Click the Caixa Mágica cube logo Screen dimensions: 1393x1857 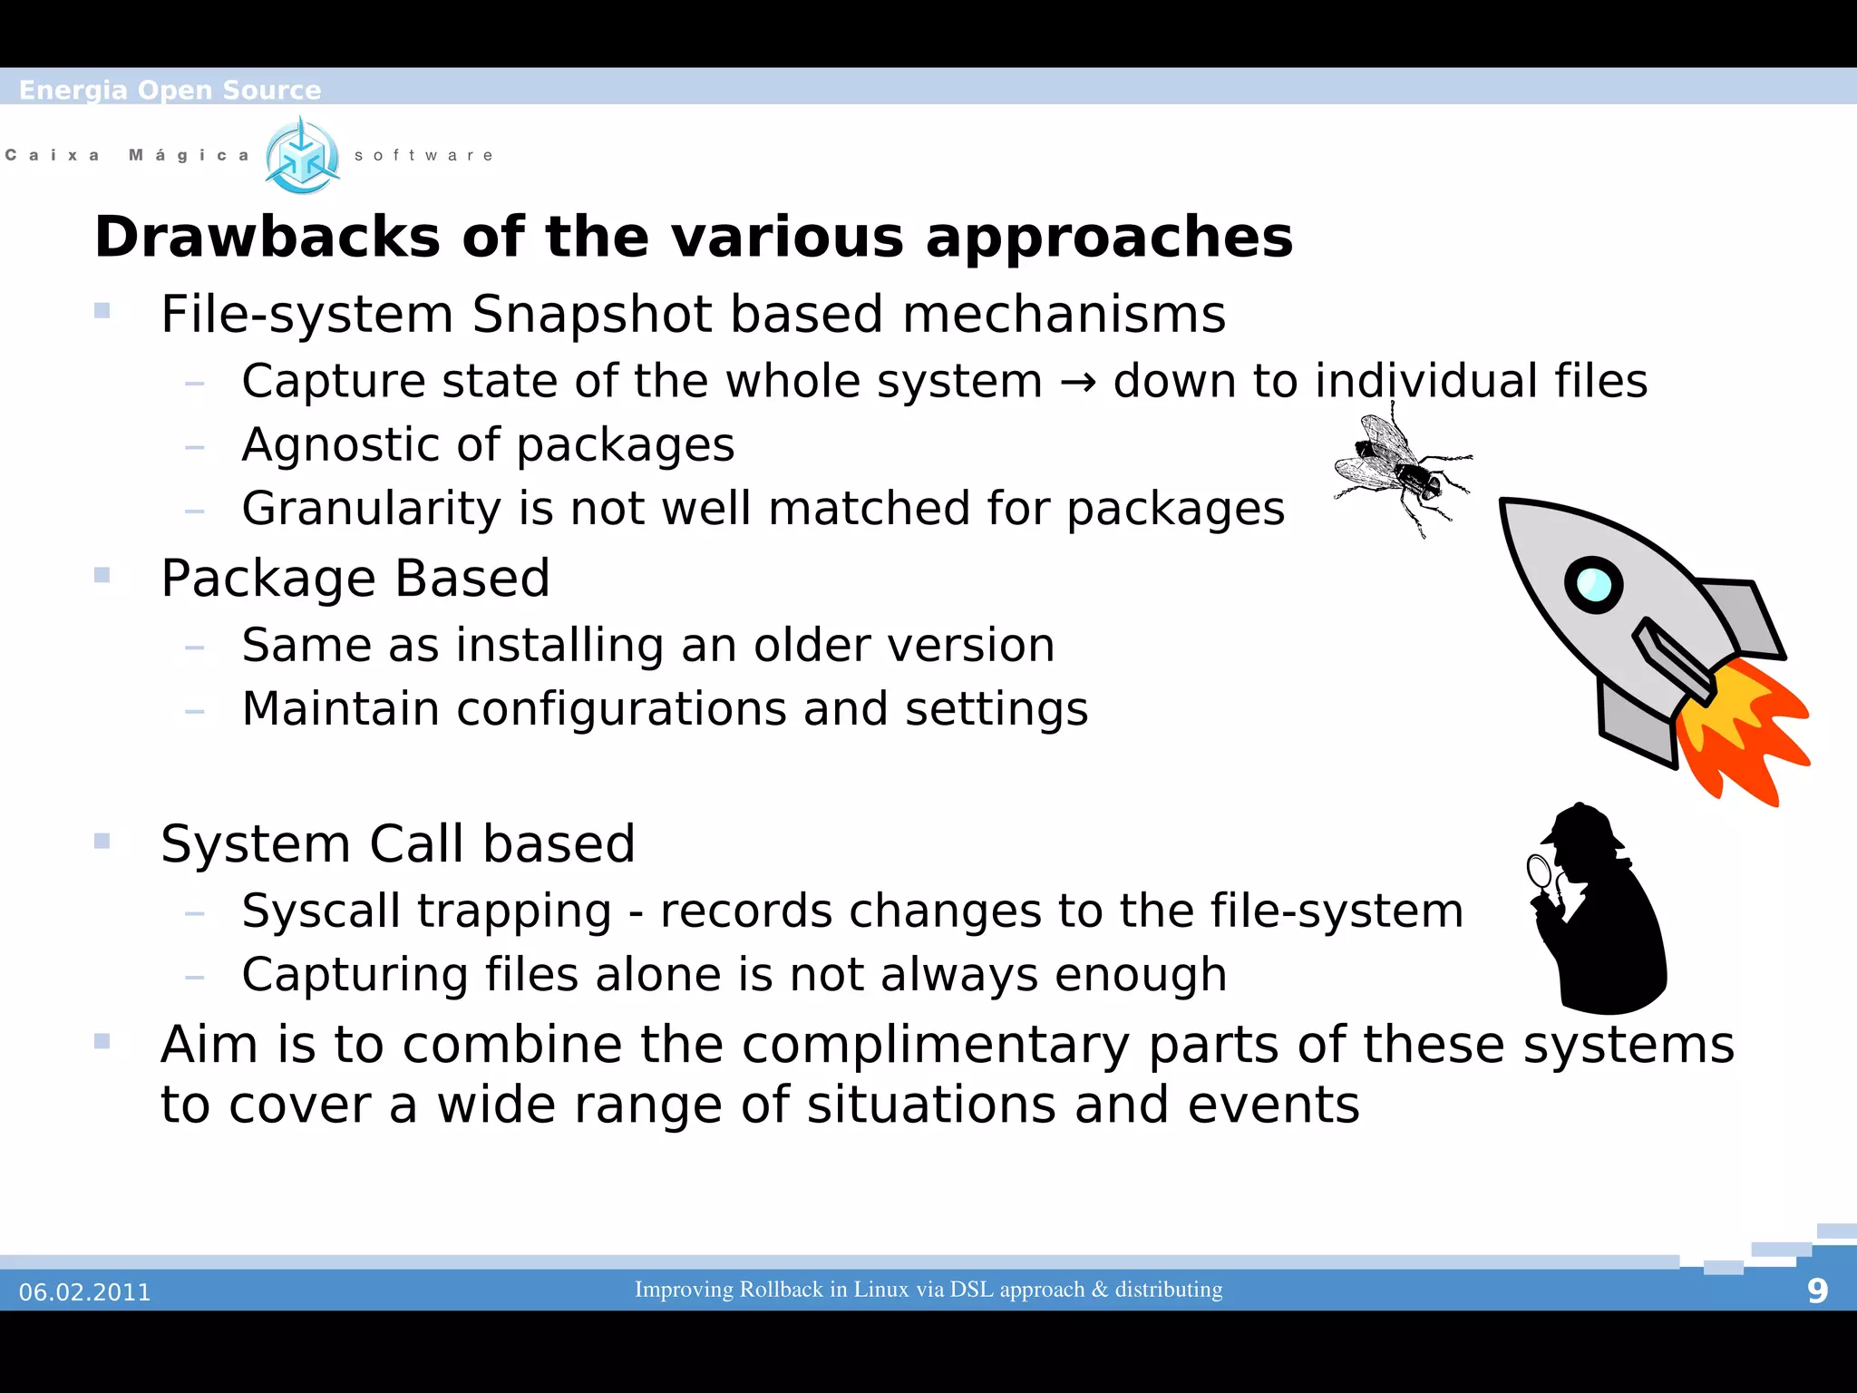click(x=302, y=156)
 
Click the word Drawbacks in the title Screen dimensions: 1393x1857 click(x=267, y=238)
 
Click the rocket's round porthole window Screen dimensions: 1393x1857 click(x=1593, y=584)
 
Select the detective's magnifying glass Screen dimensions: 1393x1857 click(x=1540, y=872)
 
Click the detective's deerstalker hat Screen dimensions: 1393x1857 click(x=1582, y=826)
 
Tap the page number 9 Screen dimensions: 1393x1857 click(x=1816, y=1291)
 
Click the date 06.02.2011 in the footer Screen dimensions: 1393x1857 click(x=85, y=1291)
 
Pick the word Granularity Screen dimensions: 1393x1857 click(x=371, y=509)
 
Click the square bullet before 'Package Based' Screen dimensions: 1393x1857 click(x=102, y=575)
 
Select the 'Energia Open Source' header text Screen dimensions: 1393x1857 click(x=170, y=90)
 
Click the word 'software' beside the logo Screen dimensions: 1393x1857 click(x=423, y=155)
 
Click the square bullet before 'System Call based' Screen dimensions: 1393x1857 click(x=102, y=841)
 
